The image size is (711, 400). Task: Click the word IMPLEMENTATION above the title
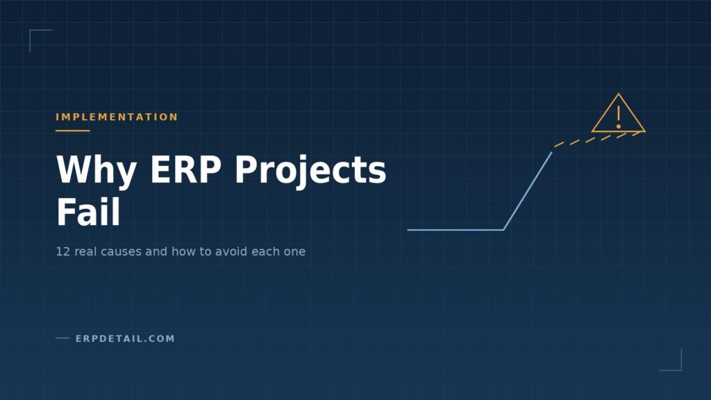(117, 117)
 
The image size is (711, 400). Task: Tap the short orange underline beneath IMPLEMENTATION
(72, 131)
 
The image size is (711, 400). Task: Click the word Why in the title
(96, 171)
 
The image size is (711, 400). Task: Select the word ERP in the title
(185, 169)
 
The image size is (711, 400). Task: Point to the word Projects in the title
(310, 171)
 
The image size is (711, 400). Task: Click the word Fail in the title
(88, 211)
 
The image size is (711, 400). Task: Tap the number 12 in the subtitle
(62, 251)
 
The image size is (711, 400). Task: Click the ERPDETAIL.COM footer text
(125, 338)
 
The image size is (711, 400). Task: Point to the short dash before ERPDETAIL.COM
(62, 338)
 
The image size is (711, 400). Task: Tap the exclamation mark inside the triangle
(619, 117)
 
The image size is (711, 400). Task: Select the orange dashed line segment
(598, 139)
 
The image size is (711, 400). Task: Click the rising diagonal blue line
(528, 191)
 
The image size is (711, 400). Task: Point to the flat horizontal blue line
(455, 230)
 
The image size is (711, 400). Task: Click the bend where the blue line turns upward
(503, 230)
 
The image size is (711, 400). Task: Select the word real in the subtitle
(85, 251)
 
